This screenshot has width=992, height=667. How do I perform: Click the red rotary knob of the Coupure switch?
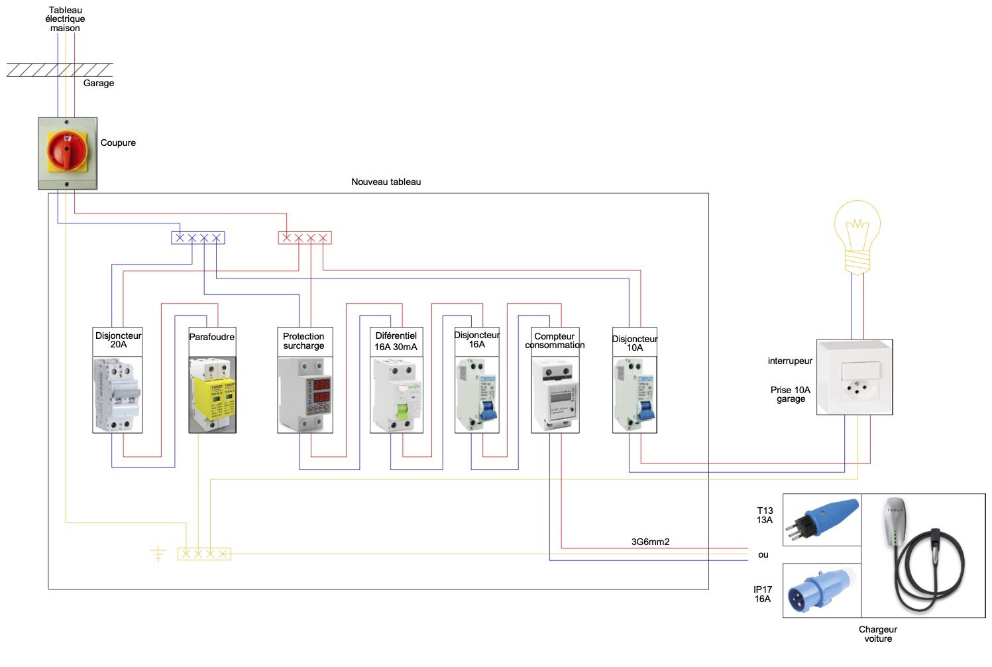point(66,150)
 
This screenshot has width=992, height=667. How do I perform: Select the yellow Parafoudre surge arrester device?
point(212,394)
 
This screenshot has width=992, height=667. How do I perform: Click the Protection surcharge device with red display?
point(305,394)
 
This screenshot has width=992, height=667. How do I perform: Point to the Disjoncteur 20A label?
point(118,340)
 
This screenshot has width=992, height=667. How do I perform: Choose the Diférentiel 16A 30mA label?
point(396,341)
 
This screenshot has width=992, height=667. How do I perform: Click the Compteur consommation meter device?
point(555,394)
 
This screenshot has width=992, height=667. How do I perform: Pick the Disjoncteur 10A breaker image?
point(635,394)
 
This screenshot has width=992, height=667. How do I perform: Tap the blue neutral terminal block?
point(198,238)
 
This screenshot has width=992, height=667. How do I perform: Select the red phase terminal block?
point(304,238)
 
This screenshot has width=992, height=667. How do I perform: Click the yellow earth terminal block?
point(204,554)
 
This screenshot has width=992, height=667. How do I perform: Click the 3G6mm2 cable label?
point(650,542)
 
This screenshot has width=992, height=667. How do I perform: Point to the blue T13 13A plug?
point(822,518)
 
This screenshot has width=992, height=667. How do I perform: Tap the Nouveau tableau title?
point(386,182)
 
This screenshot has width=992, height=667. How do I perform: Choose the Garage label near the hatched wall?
point(99,83)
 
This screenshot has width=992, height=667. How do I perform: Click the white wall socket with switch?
point(855,378)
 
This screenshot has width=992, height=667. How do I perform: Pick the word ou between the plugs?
point(763,554)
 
